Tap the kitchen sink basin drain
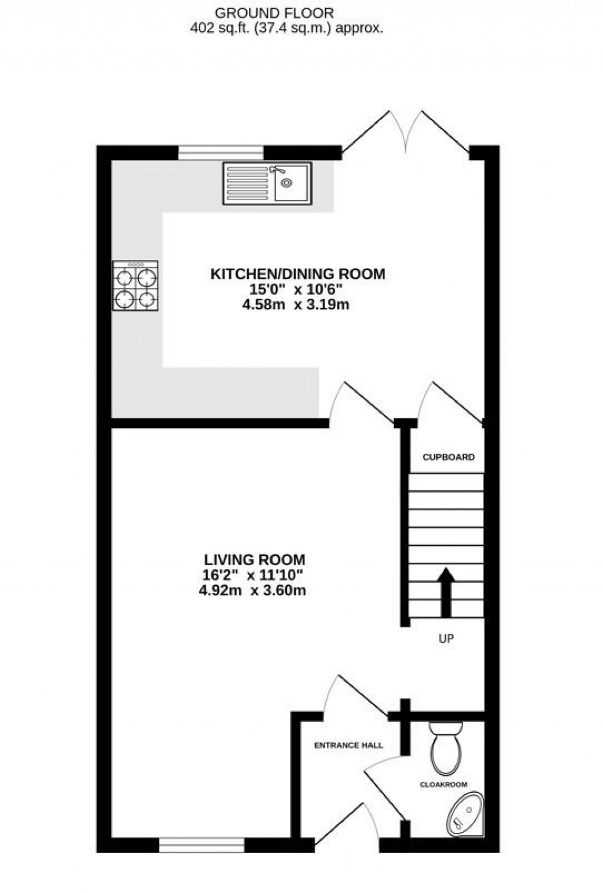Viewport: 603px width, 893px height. (x=287, y=183)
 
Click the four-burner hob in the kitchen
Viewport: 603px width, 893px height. (x=135, y=287)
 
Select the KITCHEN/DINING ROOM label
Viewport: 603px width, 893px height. (x=297, y=274)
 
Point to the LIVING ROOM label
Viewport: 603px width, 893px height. (x=254, y=559)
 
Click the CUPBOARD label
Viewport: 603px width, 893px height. (x=448, y=457)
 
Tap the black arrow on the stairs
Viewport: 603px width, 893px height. (x=446, y=592)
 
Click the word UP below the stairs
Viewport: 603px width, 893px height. (x=446, y=638)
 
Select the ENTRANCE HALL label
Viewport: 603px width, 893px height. (x=348, y=745)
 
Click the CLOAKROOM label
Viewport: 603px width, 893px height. (x=443, y=784)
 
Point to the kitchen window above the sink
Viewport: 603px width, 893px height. (x=221, y=152)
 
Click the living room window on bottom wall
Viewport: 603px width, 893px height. (x=202, y=845)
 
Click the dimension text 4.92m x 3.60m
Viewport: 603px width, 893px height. (x=252, y=590)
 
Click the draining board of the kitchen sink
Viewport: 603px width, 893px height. (x=247, y=184)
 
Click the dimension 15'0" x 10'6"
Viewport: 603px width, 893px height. (x=296, y=290)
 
